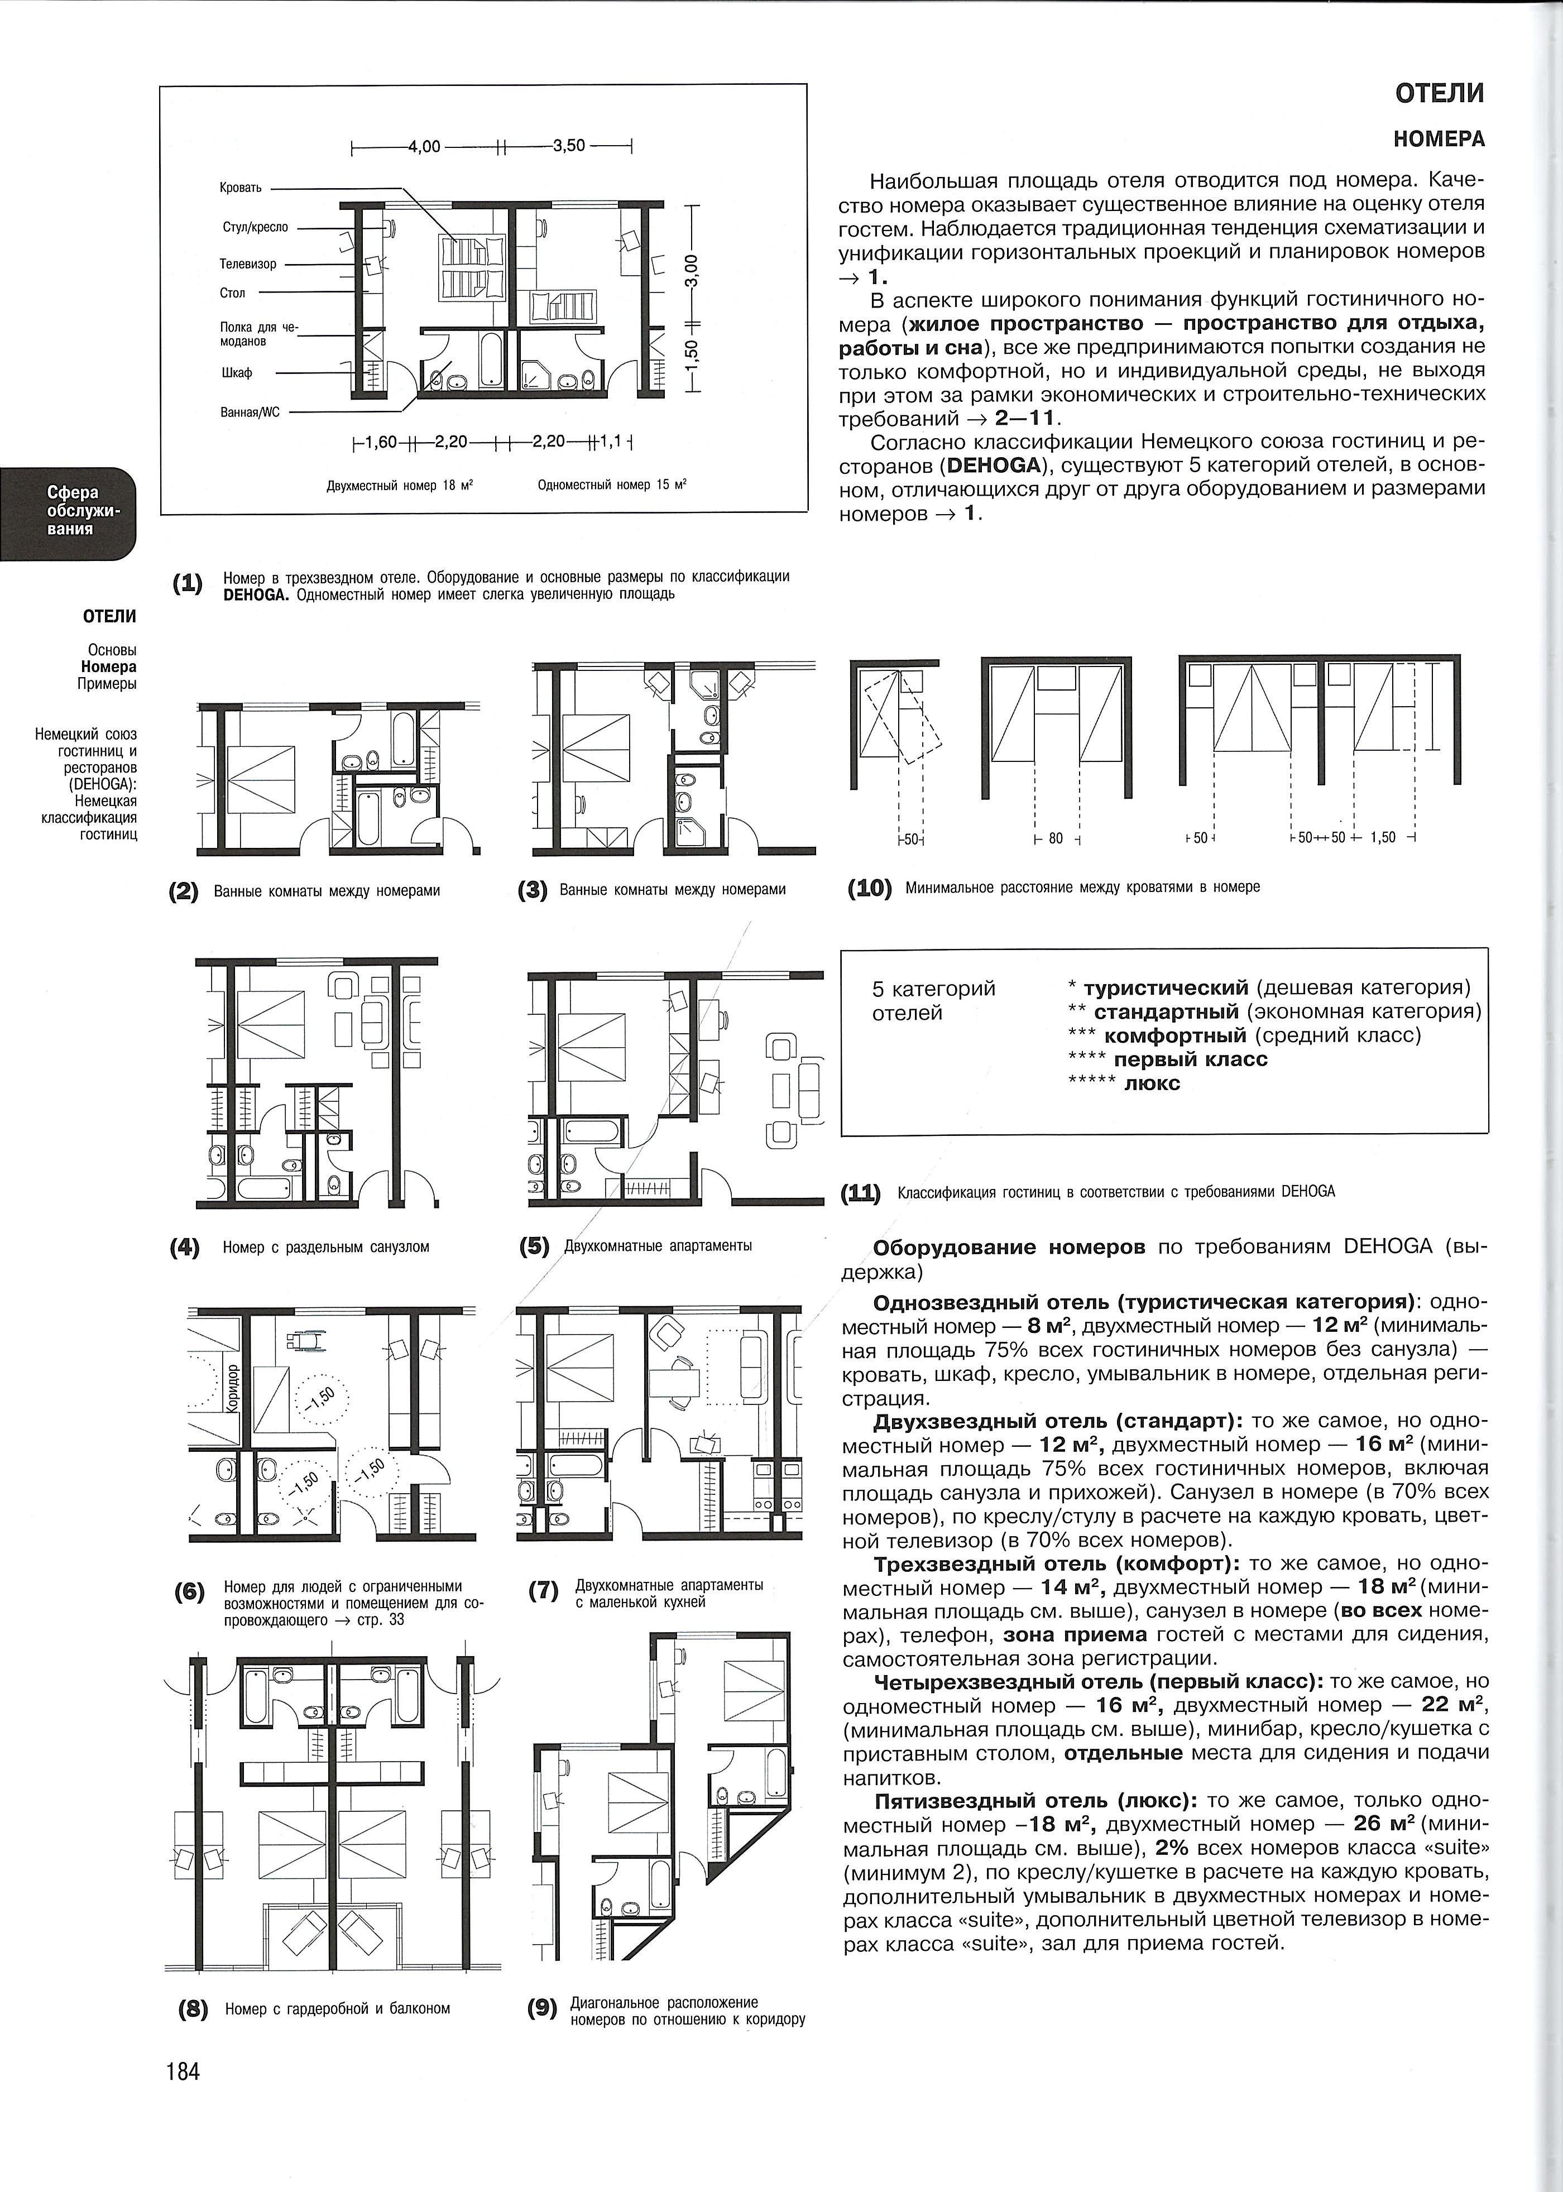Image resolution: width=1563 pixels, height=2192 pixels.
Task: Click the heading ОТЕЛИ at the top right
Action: click(x=1440, y=93)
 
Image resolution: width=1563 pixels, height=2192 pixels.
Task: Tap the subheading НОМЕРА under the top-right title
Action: click(x=1439, y=140)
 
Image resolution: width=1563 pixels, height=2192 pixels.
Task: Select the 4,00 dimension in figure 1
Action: click(x=424, y=147)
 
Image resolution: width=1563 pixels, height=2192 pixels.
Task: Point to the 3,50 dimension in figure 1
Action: click(x=569, y=147)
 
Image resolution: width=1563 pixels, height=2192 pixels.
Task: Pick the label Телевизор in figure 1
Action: click(x=248, y=263)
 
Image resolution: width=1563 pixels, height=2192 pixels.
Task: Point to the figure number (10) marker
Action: click(x=870, y=887)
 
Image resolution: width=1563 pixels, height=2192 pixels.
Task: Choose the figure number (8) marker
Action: click(x=194, y=2009)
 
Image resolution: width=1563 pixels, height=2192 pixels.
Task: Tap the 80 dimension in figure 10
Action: click(x=1056, y=838)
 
